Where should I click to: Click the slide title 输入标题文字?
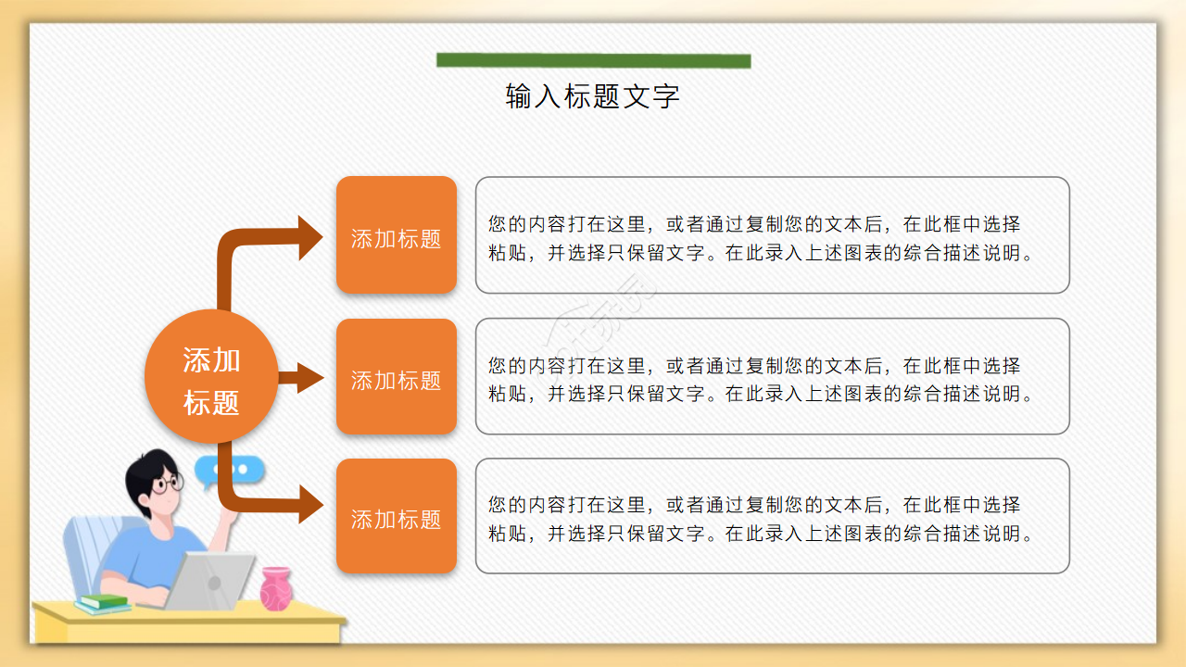(593, 96)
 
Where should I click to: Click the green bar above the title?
(593, 61)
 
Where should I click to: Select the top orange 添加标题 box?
(397, 235)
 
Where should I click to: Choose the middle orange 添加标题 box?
(397, 377)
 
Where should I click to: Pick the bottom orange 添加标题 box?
(397, 516)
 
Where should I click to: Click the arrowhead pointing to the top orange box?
(309, 237)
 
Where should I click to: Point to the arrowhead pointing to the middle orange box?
(309, 378)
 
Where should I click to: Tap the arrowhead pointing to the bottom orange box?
(309, 506)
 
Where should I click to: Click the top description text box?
(772, 235)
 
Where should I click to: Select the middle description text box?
(772, 377)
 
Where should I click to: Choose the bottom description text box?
(772, 516)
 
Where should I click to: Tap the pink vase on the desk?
(275, 588)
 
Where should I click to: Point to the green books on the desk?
(102, 603)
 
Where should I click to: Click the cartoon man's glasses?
(168, 484)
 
